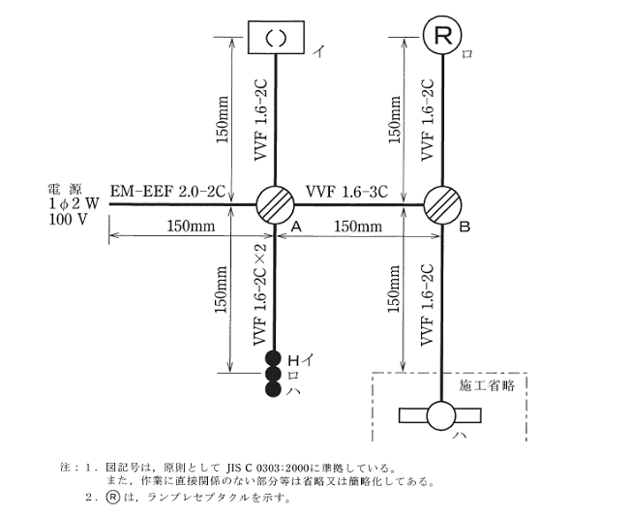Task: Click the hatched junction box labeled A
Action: click(276, 205)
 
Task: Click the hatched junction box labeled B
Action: click(444, 205)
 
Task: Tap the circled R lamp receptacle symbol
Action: click(442, 38)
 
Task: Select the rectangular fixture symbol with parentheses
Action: click(276, 39)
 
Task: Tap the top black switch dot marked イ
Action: click(274, 359)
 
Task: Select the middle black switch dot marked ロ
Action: click(274, 374)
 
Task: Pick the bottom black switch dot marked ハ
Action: click(274, 388)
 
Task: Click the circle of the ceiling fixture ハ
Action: click(443, 416)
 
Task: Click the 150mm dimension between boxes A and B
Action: click(357, 227)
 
